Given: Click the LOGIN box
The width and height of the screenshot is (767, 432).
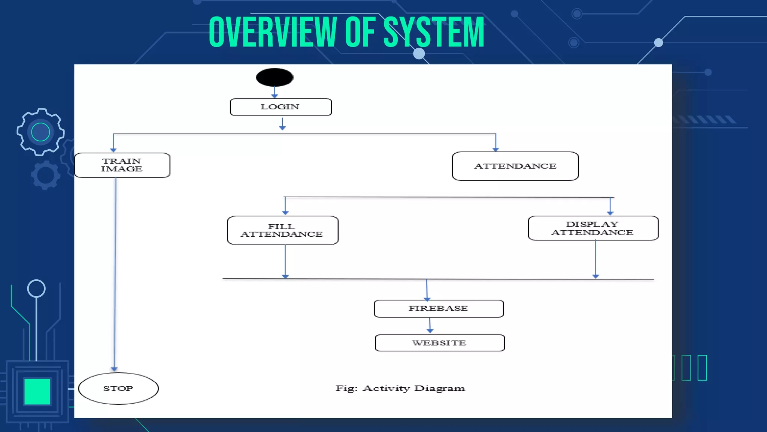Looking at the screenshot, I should click(x=281, y=107).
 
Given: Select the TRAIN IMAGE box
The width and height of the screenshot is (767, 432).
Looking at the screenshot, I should click(x=122, y=165).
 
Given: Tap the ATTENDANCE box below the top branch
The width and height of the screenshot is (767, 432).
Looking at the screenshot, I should click(x=515, y=166).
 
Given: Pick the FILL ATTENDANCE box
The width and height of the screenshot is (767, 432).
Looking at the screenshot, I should click(x=282, y=230).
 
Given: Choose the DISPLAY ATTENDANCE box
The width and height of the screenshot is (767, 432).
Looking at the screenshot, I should click(x=593, y=228).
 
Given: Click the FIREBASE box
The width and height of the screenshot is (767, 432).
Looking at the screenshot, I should click(x=439, y=309).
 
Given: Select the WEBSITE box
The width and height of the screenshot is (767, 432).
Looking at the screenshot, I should click(x=440, y=343).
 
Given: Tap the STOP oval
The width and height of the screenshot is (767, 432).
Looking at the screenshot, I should click(x=118, y=388).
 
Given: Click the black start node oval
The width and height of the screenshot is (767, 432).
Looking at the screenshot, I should click(x=275, y=77).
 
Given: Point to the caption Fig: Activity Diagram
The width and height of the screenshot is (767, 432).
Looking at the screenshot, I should click(x=400, y=388).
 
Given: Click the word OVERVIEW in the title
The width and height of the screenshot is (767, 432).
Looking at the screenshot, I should click(x=273, y=33).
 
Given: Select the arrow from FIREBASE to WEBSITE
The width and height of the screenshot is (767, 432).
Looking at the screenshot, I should click(x=430, y=325).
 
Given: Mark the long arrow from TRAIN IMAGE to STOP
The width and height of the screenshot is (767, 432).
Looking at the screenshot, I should click(x=115, y=274).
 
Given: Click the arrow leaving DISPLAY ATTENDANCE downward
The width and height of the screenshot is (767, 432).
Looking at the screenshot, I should click(x=595, y=259).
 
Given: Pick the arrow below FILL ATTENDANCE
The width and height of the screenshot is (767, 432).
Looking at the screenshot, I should click(x=285, y=261).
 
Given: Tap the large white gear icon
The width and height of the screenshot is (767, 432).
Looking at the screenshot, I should click(x=40, y=132).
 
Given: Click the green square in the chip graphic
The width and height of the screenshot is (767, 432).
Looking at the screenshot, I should click(x=37, y=391).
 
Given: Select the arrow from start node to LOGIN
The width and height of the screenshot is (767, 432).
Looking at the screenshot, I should click(x=275, y=92).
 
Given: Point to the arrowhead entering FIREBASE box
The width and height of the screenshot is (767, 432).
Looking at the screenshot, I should click(x=427, y=299).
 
